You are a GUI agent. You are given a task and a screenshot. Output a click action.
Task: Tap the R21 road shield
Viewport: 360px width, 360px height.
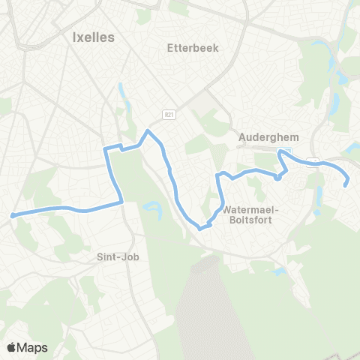click(170, 112)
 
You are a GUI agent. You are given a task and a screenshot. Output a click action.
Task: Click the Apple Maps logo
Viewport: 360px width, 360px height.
click(27, 347)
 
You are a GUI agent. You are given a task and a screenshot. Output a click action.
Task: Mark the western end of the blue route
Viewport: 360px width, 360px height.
click(13, 215)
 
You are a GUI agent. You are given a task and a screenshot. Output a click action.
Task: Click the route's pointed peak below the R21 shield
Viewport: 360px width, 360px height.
click(148, 131)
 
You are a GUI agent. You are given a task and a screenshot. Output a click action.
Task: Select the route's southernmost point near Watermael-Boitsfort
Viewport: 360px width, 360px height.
click(201, 227)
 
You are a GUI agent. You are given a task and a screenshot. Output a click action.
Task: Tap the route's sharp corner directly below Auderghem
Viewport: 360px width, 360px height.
click(280, 151)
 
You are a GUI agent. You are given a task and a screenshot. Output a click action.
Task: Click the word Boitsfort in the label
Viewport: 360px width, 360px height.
click(247, 220)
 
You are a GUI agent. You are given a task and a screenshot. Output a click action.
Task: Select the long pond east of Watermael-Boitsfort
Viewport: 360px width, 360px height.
click(319, 196)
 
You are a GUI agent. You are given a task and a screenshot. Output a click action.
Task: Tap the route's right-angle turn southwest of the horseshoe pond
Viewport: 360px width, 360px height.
click(122, 201)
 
